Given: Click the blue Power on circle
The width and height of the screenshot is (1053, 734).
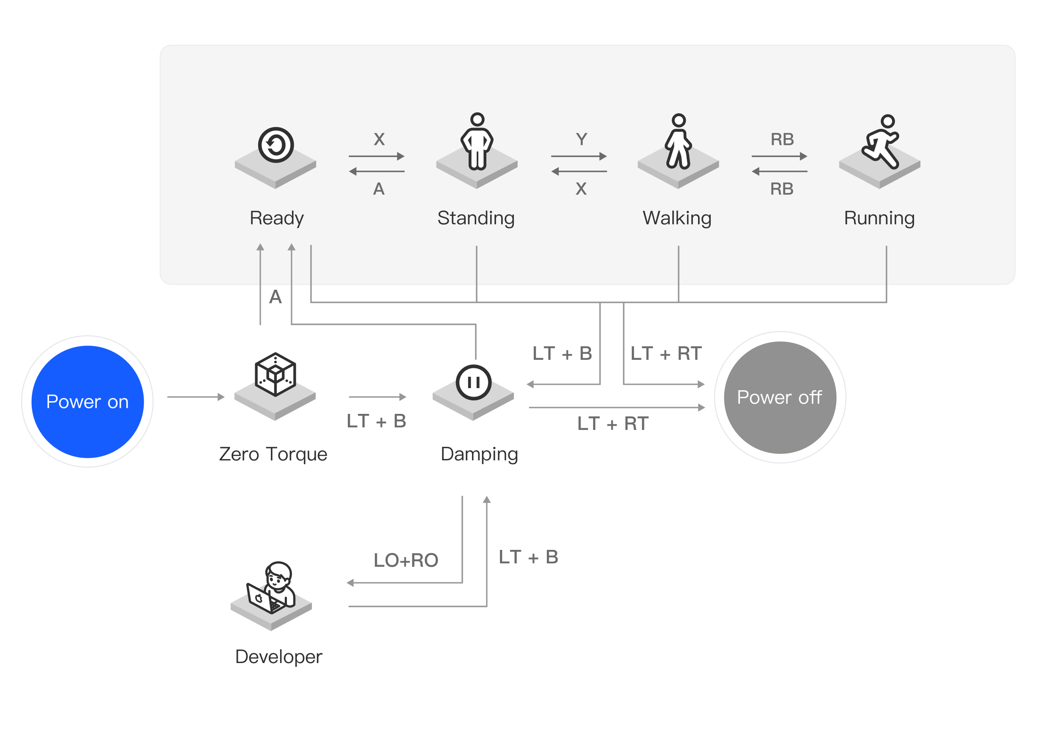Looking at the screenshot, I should (87, 402).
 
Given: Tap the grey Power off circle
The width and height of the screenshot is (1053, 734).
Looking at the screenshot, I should (780, 397).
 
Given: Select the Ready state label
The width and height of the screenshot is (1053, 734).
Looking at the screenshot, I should (276, 218).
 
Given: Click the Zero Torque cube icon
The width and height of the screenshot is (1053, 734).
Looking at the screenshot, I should (275, 374).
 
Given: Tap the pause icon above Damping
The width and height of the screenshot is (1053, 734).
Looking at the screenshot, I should (473, 382).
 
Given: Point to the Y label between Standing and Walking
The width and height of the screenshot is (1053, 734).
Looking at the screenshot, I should (581, 139).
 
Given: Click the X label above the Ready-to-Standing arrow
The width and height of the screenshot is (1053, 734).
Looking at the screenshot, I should (379, 139).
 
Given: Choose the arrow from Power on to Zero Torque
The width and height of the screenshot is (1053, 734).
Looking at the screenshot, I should (196, 397).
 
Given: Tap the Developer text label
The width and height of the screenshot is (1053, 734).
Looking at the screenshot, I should (278, 657).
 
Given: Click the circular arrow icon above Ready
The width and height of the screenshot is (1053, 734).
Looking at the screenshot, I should (276, 145).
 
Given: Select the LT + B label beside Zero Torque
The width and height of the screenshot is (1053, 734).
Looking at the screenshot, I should (376, 421).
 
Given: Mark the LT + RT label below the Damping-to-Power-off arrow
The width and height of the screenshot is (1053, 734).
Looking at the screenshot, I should (613, 424).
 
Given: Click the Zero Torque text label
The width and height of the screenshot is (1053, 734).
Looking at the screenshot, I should (273, 454).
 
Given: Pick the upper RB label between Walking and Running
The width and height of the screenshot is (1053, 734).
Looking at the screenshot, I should (782, 139).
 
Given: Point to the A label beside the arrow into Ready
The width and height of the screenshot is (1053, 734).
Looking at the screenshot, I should (275, 297).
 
